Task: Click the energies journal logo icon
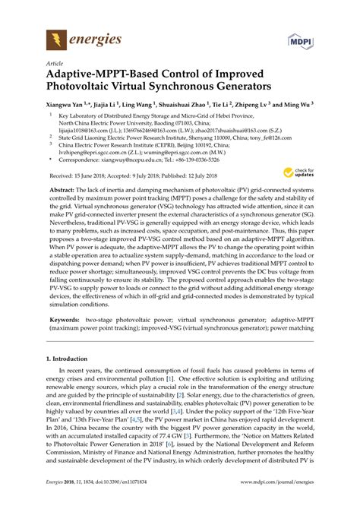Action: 55,39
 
